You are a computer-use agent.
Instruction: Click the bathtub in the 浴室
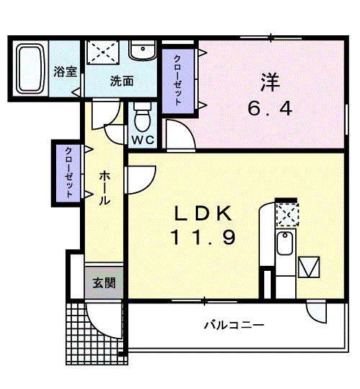(30, 68)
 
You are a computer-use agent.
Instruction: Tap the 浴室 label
(66, 71)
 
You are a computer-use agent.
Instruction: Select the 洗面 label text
(122, 81)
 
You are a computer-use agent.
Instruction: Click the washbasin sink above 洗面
(143, 50)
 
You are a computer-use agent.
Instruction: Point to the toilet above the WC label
(143, 117)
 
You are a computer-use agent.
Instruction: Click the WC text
(143, 140)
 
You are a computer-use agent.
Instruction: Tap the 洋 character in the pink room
(270, 82)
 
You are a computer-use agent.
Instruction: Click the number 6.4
(270, 109)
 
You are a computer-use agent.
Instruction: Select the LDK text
(204, 213)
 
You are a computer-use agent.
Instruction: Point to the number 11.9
(203, 237)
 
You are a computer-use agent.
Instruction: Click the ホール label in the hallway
(104, 188)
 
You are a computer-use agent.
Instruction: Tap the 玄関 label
(104, 283)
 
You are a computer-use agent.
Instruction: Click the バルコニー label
(234, 325)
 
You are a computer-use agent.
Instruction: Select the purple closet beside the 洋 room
(178, 81)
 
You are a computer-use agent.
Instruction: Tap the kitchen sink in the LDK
(285, 243)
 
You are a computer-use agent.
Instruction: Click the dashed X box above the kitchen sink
(287, 215)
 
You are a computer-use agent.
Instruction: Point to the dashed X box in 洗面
(103, 53)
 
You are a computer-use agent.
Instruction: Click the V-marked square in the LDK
(309, 267)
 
